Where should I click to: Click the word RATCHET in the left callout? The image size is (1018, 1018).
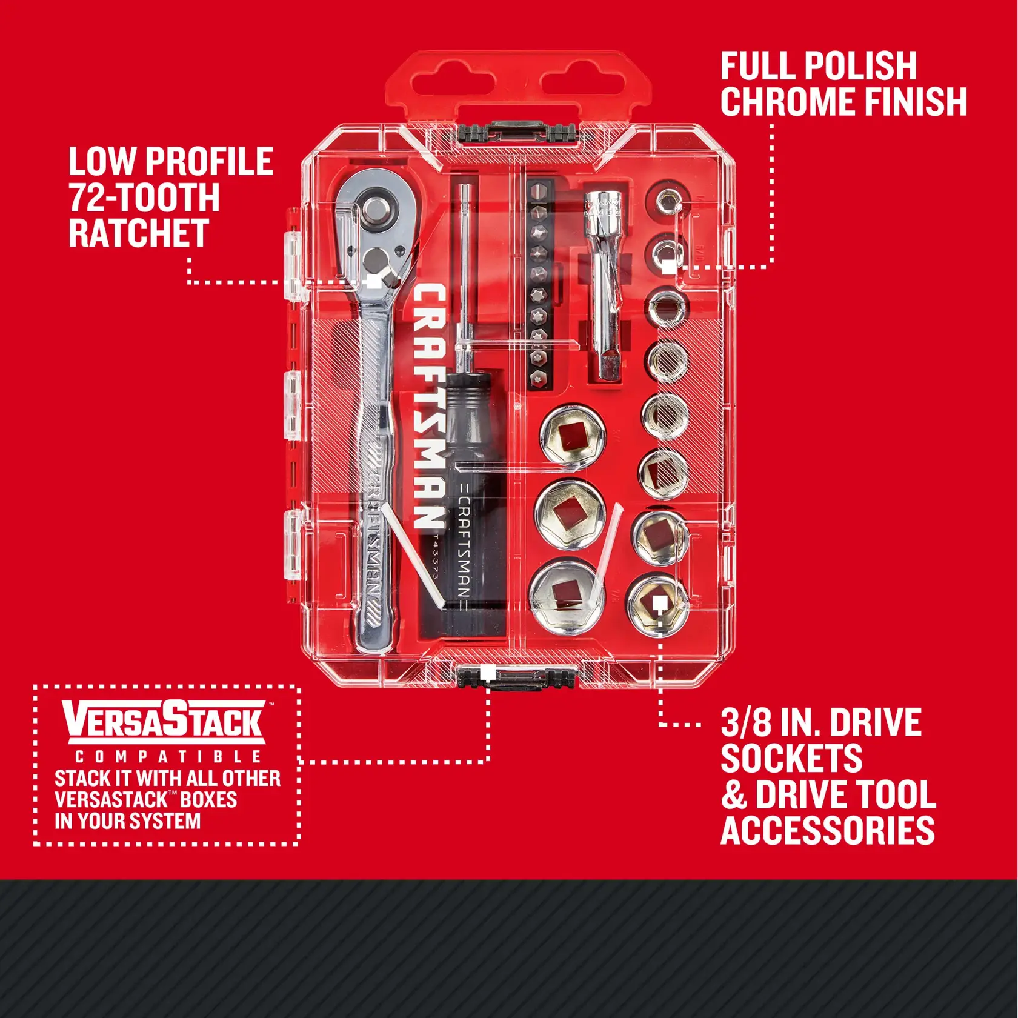pos(139,233)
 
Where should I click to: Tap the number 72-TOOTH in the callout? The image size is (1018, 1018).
pos(144,198)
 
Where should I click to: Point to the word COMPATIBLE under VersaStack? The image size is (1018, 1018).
pos(168,757)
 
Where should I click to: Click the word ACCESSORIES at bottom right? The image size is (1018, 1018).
pos(827,830)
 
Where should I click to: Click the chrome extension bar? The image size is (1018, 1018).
pos(603,285)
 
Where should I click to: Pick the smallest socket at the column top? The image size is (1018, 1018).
pos(667,199)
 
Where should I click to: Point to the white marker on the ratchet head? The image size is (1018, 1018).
pos(374,282)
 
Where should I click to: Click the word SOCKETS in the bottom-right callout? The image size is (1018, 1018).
pos(791,758)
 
